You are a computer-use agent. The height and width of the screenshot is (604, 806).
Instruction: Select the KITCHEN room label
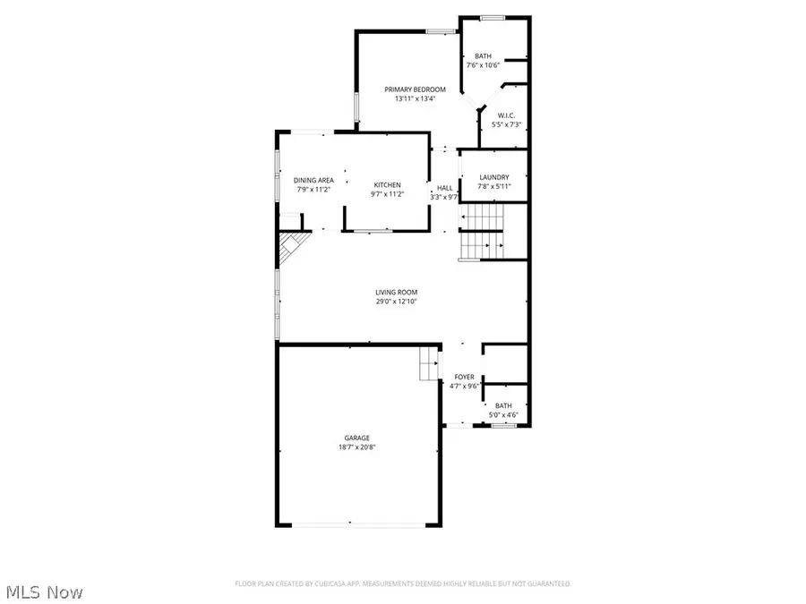tap(387, 185)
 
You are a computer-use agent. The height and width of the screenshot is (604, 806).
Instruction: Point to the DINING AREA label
tap(313, 180)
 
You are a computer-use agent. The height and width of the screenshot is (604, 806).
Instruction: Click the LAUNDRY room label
tap(493, 177)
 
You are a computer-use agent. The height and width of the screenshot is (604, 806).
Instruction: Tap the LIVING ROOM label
tap(396, 293)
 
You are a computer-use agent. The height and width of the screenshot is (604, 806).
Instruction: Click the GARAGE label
tap(357, 438)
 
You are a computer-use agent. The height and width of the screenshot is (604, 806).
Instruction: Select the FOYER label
tap(464, 377)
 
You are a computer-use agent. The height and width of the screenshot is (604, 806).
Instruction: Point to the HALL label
tap(445, 189)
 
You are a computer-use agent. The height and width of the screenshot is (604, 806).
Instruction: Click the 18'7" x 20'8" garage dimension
tap(357, 447)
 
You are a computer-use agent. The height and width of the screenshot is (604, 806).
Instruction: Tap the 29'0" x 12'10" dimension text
tap(396, 302)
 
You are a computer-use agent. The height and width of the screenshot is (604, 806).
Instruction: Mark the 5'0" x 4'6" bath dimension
tap(503, 414)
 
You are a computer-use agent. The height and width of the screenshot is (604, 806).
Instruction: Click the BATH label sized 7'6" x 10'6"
tap(483, 55)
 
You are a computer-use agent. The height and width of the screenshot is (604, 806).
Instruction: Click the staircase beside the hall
tap(483, 231)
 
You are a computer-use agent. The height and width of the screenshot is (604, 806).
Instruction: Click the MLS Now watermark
tap(45, 592)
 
